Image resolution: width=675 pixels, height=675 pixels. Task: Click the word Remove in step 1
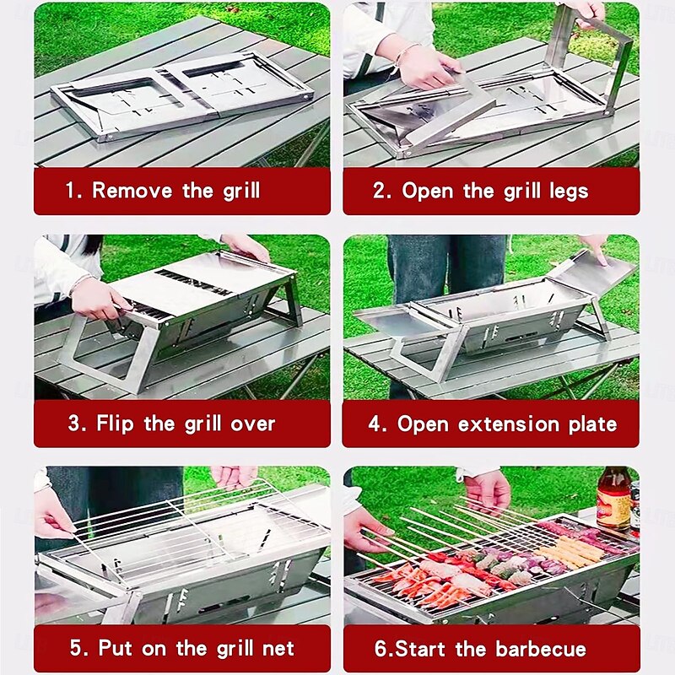(132, 190)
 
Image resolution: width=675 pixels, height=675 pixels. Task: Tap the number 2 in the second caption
(380, 191)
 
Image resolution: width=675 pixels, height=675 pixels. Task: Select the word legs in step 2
(566, 191)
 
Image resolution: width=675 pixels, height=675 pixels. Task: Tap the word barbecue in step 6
(541, 649)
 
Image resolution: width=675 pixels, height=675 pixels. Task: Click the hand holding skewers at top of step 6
(488, 489)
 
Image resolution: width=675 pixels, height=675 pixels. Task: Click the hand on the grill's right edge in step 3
(245, 246)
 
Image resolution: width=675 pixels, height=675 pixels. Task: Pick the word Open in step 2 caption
(428, 191)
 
